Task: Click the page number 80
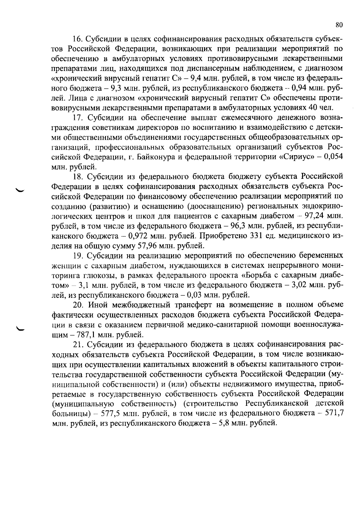(339, 25)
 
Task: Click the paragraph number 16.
(78, 39)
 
